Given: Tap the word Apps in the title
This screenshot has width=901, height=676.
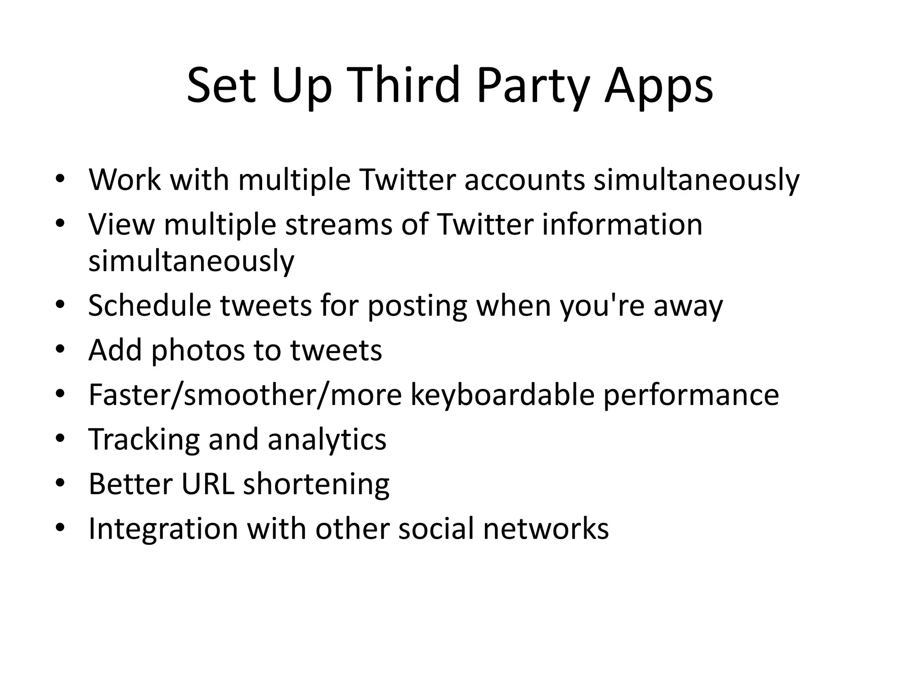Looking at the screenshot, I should [x=658, y=86].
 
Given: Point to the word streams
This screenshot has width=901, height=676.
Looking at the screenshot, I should [x=338, y=224].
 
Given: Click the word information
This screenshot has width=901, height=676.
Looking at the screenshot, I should [x=622, y=224].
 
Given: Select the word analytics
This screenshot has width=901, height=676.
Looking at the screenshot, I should [x=326, y=440].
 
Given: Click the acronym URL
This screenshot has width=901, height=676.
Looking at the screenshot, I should [x=208, y=484].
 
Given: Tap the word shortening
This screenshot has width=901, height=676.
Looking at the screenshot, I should [x=316, y=485].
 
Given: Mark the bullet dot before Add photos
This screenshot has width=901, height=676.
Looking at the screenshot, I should [x=61, y=349].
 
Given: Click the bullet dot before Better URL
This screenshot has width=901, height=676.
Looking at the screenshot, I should [x=61, y=483].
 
